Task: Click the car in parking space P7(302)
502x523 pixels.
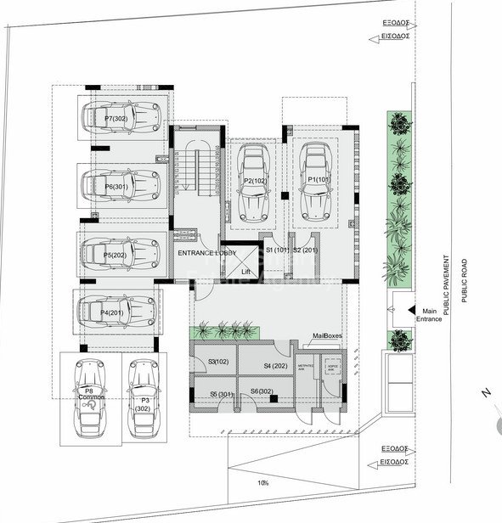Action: (120, 119)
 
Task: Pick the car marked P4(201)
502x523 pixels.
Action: (118, 312)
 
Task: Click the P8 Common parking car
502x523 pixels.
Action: (89, 397)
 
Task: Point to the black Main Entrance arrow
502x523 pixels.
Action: (411, 312)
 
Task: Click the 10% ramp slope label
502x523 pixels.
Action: (264, 483)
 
